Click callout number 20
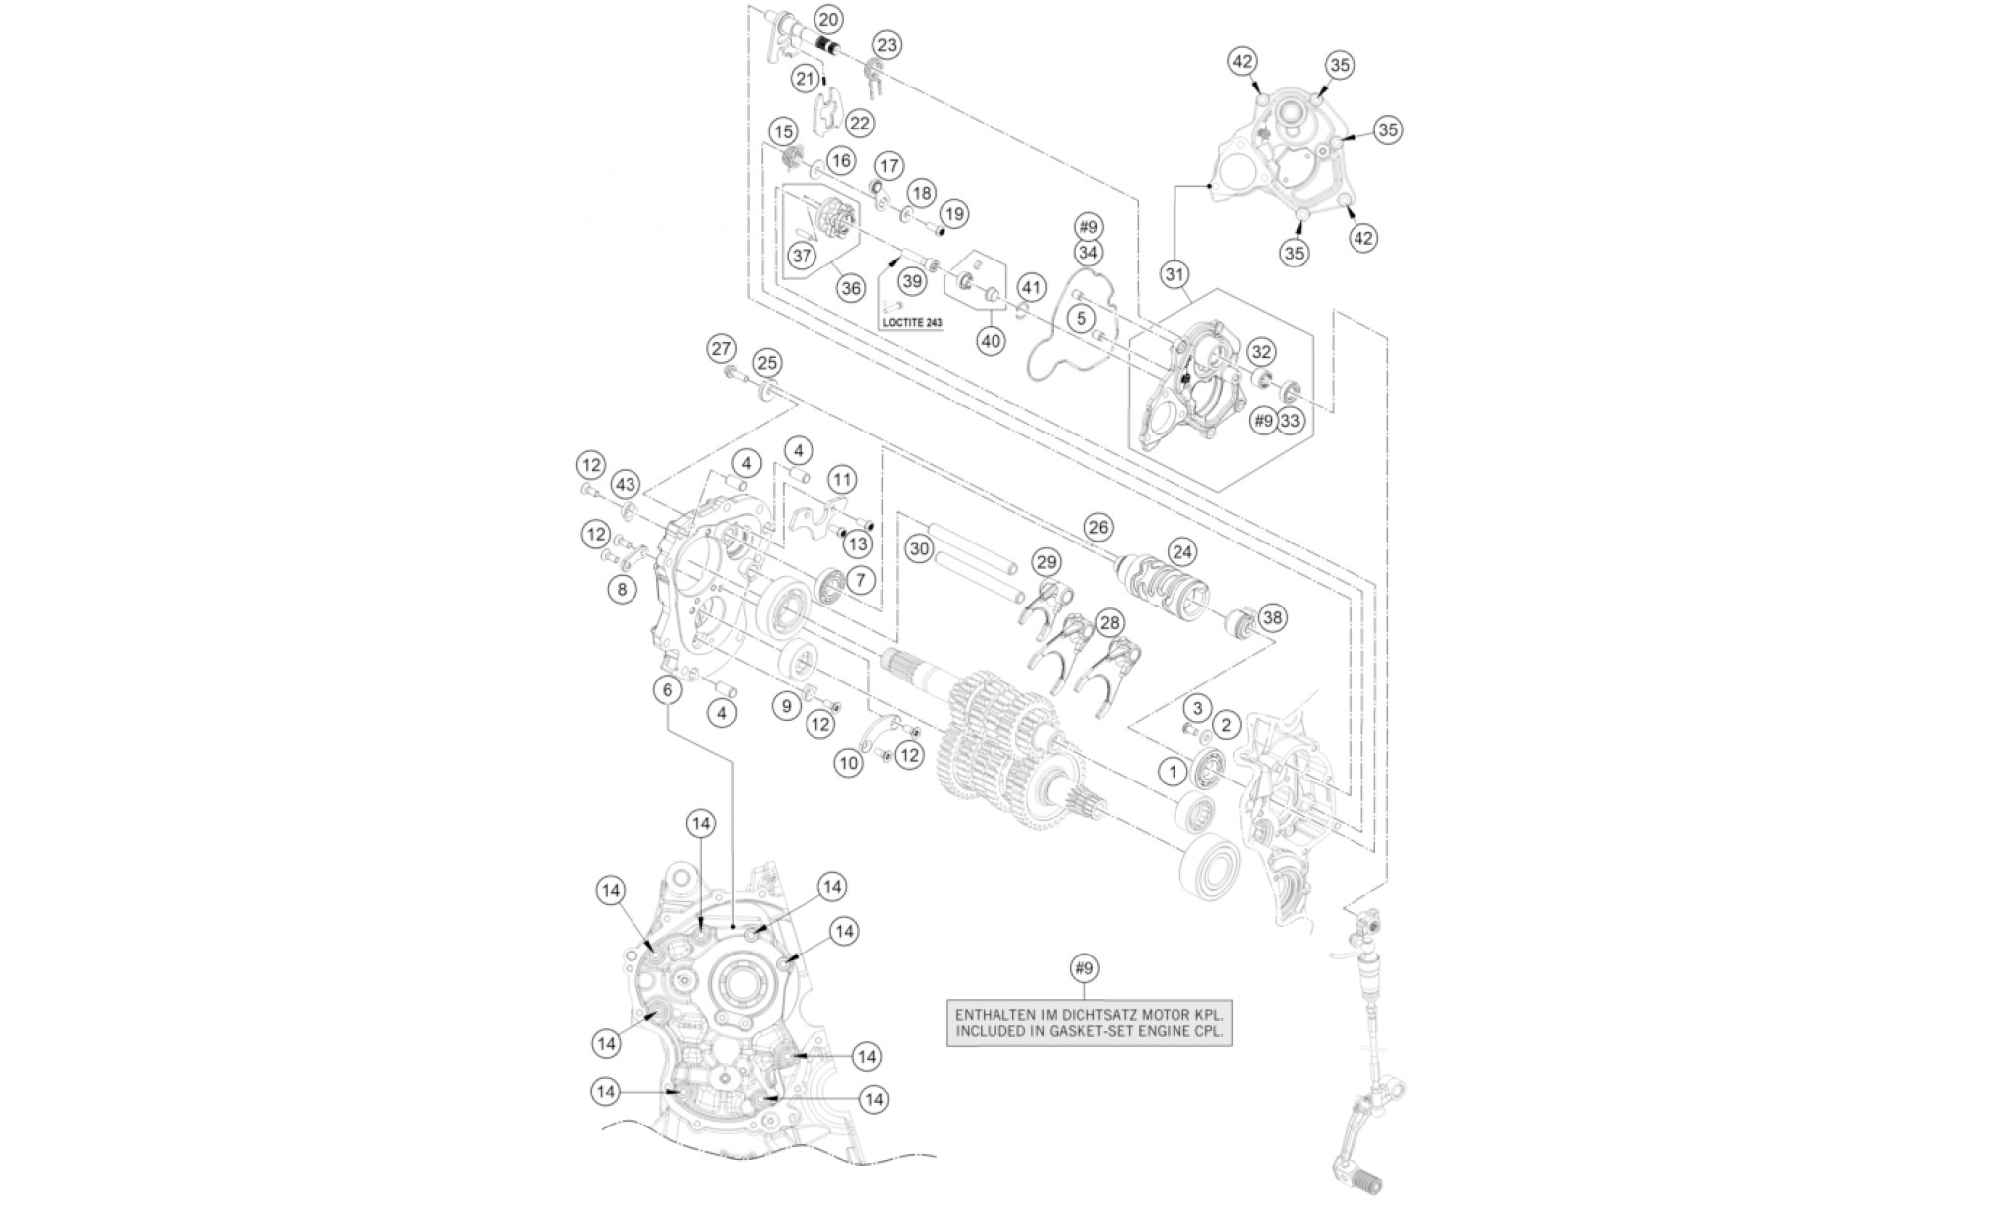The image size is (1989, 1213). pyautogui.click(x=827, y=19)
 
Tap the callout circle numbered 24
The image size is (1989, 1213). pyautogui.click(x=1182, y=551)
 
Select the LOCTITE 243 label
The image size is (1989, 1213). pyautogui.click(x=912, y=323)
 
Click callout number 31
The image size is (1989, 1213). pyautogui.click(x=1175, y=273)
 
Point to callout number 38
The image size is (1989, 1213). pyautogui.click(x=1272, y=617)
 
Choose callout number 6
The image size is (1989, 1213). pyautogui.click(x=668, y=689)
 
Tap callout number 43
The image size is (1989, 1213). pyautogui.click(x=625, y=485)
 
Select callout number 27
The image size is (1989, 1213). pyautogui.click(x=721, y=349)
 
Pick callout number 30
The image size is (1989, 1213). pyautogui.click(x=919, y=548)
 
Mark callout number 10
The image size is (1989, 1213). pyautogui.click(x=849, y=764)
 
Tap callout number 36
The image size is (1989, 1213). pyautogui.click(x=851, y=288)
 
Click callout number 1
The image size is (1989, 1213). pyautogui.click(x=1174, y=771)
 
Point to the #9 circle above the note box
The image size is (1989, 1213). pyautogui.click(x=1085, y=967)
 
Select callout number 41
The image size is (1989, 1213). pyautogui.click(x=1031, y=289)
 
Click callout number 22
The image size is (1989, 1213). pyautogui.click(x=859, y=123)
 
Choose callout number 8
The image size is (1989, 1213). pyautogui.click(x=622, y=589)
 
